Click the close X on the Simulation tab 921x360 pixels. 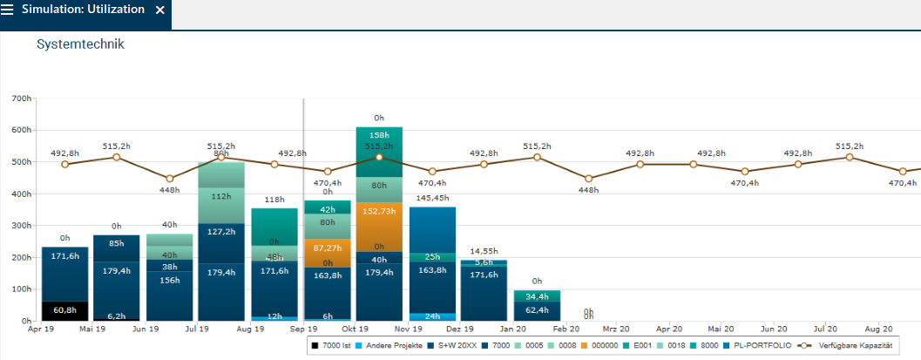click(x=159, y=10)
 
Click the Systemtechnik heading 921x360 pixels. click(x=81, y=44)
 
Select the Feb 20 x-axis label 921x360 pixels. click(x=565, y=330)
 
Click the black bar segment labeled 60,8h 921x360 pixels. click(x=64, y=310)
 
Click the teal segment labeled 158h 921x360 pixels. click(x=379, y=135)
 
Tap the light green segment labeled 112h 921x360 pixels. click(x=221, y=195)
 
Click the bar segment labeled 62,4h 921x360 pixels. click(x=537, y=310)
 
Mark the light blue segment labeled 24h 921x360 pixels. click(x=432, y=316)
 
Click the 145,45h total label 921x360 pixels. click(x=432, y=198)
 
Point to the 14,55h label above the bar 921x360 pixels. click(x=484, y=251)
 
